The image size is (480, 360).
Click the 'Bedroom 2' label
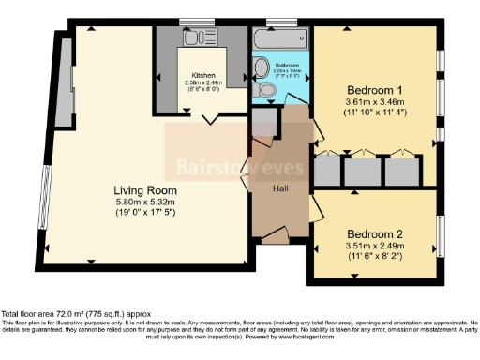375,232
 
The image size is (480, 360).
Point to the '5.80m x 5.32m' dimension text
145,202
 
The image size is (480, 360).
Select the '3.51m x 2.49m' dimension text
375,247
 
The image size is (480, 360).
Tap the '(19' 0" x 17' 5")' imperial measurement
145,214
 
